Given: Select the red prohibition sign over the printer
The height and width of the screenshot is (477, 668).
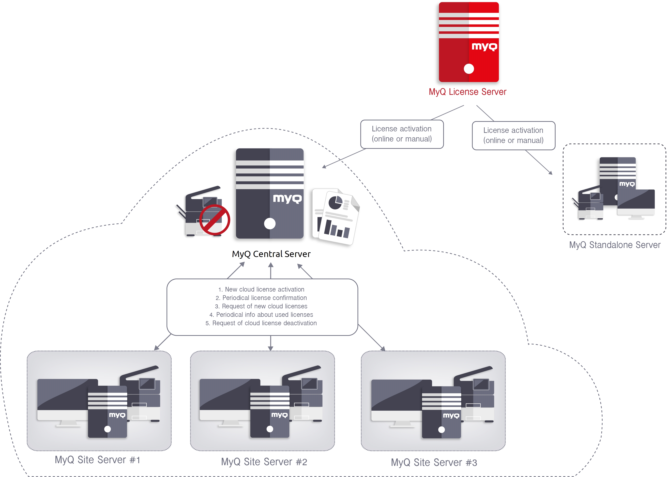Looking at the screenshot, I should point(215,220).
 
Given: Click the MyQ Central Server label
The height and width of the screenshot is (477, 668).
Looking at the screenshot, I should point(271,254).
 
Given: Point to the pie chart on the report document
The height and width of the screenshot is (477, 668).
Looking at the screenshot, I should point(335,203).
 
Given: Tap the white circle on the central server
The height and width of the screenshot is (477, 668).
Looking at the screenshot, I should point(269,224).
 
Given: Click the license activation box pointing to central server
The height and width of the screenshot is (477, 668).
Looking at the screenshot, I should point(402,134).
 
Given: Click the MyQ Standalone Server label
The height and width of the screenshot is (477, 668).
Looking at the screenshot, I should point(615,245).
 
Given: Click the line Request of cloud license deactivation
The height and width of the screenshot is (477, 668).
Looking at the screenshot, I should point(261,323).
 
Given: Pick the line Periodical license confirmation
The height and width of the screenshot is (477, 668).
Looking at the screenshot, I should point(261,298).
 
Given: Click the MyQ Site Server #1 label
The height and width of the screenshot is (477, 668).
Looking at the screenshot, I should point(98,460).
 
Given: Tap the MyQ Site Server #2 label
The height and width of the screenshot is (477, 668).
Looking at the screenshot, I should point(264,462).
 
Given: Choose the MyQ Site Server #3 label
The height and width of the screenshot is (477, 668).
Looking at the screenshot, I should point(434,462).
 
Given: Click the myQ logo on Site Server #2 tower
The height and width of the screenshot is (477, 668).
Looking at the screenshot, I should point(279,415).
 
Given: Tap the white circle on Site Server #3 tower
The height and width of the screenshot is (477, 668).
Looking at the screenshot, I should point(441,430).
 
